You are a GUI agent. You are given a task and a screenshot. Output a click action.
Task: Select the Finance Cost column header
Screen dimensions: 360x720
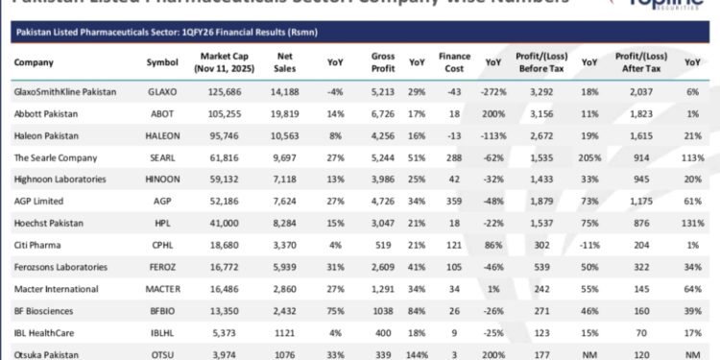(x=454, y=62)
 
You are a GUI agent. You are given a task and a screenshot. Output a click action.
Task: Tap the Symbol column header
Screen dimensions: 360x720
(x=161, y=62)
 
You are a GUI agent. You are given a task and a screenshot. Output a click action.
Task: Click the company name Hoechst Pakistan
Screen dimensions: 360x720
(x=47, y=223)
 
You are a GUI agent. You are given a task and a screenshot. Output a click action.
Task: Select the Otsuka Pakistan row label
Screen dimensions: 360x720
(x=43, y=353)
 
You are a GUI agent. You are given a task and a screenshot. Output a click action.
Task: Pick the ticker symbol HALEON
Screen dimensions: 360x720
(x=162, y=136)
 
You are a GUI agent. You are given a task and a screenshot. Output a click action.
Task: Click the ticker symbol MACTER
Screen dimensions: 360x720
(x=162, y=288)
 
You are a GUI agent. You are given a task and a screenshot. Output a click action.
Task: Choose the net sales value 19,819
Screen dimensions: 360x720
(x=285, y=114)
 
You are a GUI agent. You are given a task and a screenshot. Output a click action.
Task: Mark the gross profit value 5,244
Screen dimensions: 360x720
(x=384, y=157)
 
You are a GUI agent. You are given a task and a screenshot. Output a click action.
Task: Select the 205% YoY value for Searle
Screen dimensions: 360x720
(x=592, y=157)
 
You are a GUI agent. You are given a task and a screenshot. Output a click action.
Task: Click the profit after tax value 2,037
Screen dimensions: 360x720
(x=640, y=93)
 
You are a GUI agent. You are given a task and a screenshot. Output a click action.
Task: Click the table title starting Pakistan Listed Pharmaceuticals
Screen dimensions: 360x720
(x=165, y=32)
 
